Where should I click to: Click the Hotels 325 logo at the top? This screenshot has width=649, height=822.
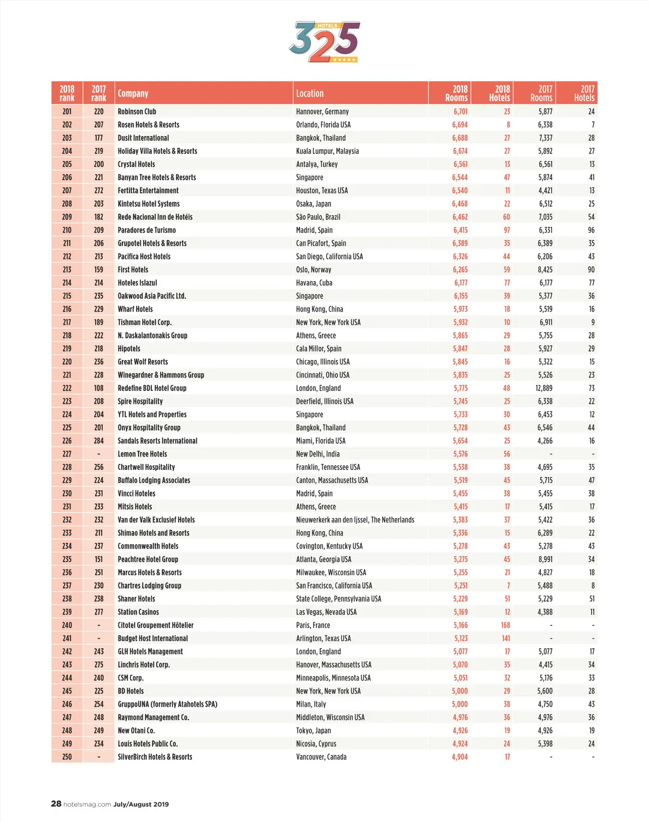tap(324, 42)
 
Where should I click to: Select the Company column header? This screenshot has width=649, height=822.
tap(133, 93)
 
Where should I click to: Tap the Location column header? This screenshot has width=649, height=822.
tap(310, 93)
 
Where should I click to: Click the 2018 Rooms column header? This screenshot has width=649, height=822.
tap(456, 93)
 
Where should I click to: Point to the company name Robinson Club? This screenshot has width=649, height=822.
tap(137, 112)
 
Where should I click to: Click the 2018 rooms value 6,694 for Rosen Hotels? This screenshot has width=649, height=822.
tap(460, 125)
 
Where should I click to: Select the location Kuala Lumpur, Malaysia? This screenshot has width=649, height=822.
tap(327, 151)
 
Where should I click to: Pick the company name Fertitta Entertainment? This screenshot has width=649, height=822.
tap(148, 191)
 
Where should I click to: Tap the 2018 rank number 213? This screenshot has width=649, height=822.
tap(67, 270)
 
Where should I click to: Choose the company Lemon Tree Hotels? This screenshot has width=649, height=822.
tap(142, 454)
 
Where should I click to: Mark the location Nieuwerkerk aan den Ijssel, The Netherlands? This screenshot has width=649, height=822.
tap(355, 520)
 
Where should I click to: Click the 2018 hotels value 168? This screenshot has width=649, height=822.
tap(505, 625)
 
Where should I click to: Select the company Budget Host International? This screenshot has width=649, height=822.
tap(153, 638)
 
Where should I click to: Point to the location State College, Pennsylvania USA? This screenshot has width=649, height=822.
tap(339, 599)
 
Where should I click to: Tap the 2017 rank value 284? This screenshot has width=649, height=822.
tap(98, 441)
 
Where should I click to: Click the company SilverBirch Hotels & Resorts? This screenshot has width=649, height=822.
tap(155, 757)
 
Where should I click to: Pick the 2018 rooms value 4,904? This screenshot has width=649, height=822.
tap(460, 757)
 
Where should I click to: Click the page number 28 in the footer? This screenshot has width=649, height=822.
tap(56, 804)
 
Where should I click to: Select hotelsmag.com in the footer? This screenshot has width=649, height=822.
tap(87, 804)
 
